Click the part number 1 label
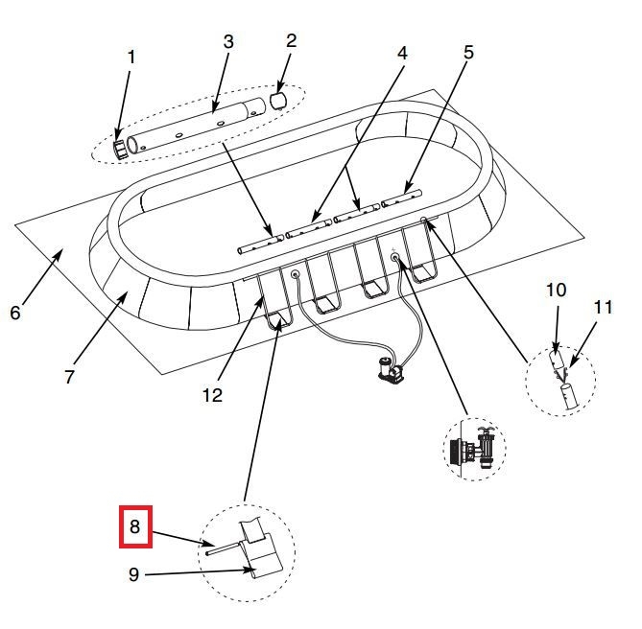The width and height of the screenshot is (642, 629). [x=131, y=58]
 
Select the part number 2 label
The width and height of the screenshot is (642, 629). [x=291, y=41]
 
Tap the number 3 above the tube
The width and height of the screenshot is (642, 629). [x=228, y=42]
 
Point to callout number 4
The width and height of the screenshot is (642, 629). [x=402, y=53]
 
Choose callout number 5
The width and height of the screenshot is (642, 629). [x=468, y=53]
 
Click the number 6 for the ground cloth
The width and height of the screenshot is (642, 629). [x=15, y=313]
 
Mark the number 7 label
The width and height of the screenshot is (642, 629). [x=69, y=377]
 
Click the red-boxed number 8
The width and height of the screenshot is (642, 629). [x=135, y=526]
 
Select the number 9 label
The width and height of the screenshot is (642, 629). [x=134, y=574]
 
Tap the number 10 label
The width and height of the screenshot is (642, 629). [x=556, y=290]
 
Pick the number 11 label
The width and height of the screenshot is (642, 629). [x=603, y=307]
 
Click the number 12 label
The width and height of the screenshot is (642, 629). [x=212, y=395]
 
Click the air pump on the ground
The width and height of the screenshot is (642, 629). [x=391, y=371]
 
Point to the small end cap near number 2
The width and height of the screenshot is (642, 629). [x=278, y=101]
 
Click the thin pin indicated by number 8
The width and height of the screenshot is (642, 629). [x=224, y=548]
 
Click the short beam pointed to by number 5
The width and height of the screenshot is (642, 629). [x=401, y=198]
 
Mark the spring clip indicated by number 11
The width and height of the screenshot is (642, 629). [x=564, y=374]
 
